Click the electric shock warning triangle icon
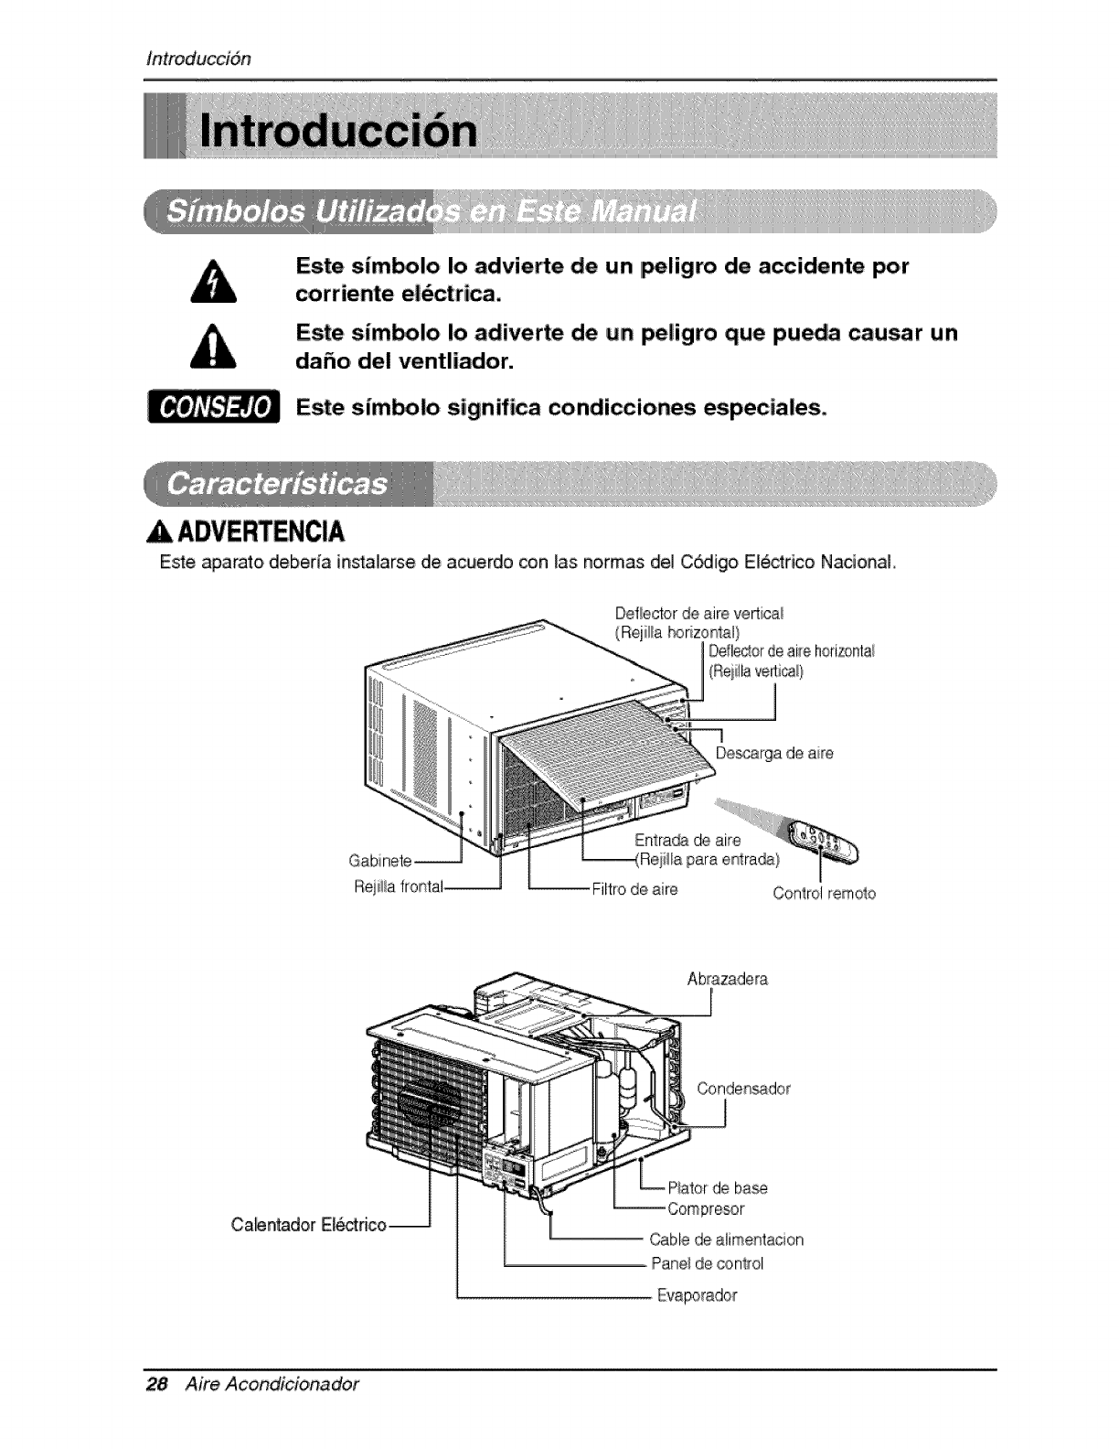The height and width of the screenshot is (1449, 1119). [x=218, y=281]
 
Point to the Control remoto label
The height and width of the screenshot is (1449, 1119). [x=824, y=894]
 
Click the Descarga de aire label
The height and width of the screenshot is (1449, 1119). [x=774, y=754]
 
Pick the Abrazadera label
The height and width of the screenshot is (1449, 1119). [x=728, y=979]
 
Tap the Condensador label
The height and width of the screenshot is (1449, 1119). [x=743, y=1089]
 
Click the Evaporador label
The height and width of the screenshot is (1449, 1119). [x=697, y=1295]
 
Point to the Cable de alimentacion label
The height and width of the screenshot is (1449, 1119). [x=726, y=1240]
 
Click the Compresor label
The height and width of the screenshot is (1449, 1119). [x=706, y=1208]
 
